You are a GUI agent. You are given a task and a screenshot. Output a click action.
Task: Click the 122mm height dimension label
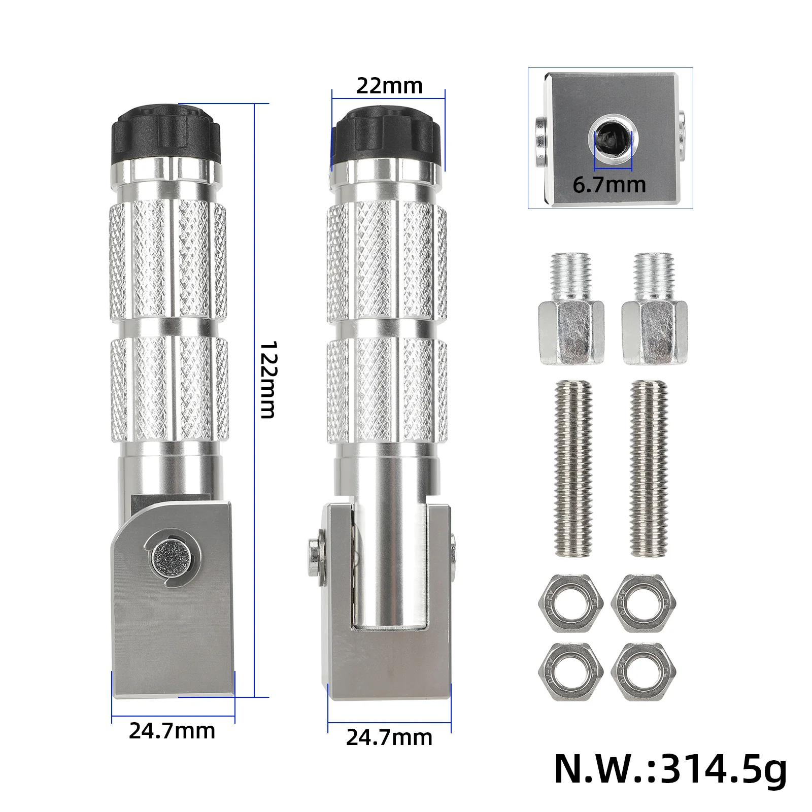pos(267,380)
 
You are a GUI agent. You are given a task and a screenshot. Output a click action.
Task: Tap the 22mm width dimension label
pos(389,86)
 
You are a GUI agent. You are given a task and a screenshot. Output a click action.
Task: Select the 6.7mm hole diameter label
pos(609,184)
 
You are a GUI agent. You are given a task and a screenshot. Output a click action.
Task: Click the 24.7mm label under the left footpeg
pos(172,731)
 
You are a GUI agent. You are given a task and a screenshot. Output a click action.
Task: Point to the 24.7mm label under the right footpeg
pos(389,737)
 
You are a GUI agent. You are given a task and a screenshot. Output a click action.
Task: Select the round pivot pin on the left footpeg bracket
pos(173,559)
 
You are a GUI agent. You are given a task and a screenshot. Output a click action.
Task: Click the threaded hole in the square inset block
pos(613,137)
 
